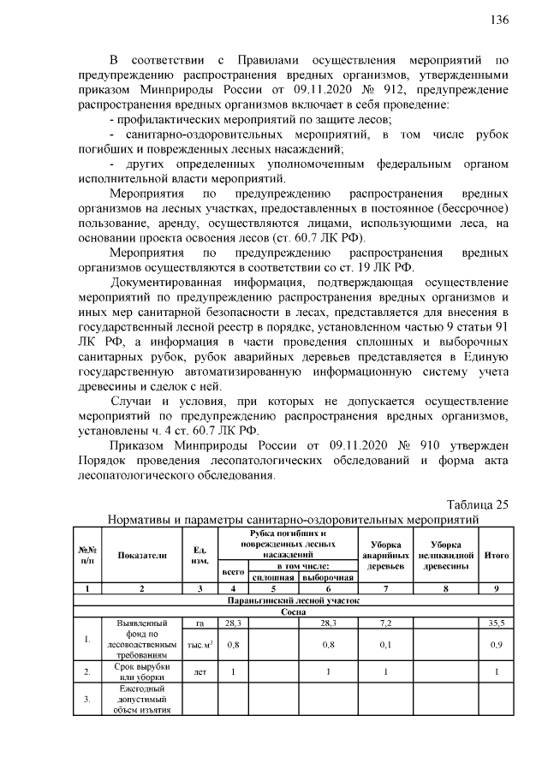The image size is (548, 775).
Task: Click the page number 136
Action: click(x=498, y=20)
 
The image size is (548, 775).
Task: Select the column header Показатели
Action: click(x=142, y=555)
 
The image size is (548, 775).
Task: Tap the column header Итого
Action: click(x=496, y=555)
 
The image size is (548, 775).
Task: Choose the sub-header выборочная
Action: click(x=326, y=577)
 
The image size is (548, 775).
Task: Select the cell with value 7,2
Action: click(x=384, y=623)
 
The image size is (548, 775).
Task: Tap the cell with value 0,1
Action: click(x=384, y=643)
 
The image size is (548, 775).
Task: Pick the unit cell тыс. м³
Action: click(x=200, y=643)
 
